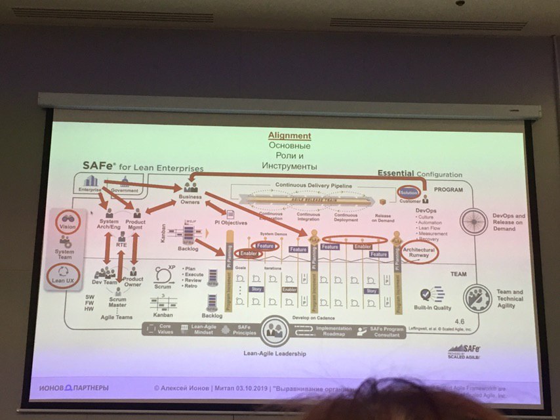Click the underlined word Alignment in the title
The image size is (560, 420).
289,136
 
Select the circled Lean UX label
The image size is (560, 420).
65,276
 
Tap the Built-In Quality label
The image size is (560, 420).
433,307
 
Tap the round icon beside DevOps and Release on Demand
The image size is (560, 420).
473,222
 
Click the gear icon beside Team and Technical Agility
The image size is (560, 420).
477,297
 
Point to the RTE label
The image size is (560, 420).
121,243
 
